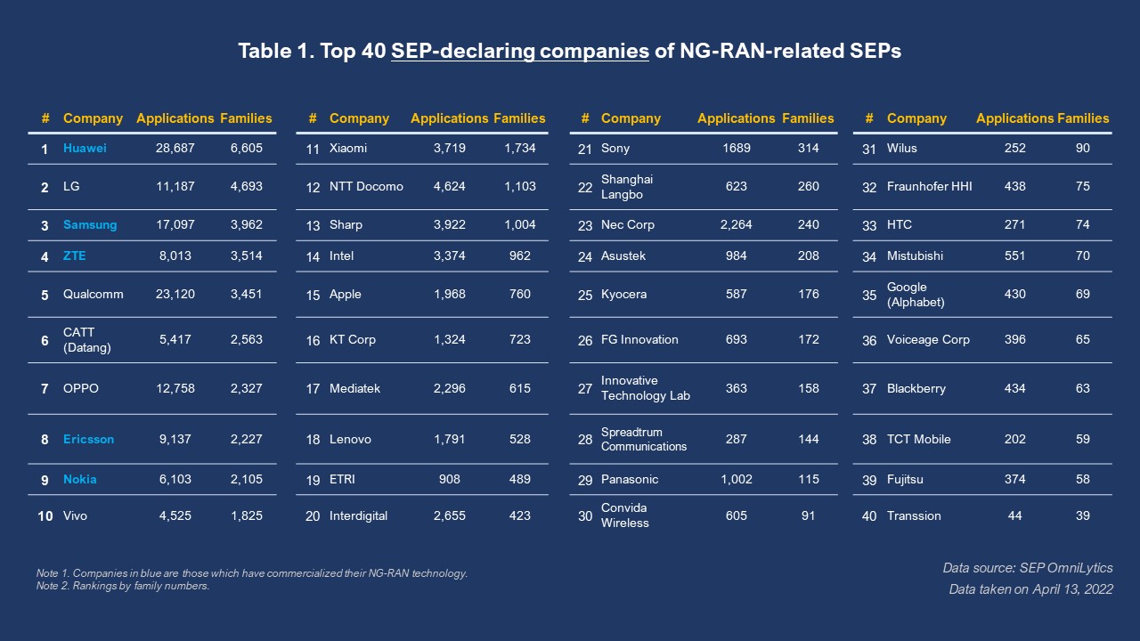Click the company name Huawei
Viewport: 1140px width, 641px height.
click(x=85, y=149)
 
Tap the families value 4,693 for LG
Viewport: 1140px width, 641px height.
click(x=246, y=187)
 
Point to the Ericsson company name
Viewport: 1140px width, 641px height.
click(x=88, y=439)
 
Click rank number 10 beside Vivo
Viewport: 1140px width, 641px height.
click(x=45, y=516)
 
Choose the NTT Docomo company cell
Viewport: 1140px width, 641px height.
click(x=366, y=187)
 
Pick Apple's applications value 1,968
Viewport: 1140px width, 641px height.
click(x=449, y=294)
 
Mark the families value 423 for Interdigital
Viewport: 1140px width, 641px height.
click(x=519, y=515)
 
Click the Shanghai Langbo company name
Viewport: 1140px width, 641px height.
click(x=627, y=187)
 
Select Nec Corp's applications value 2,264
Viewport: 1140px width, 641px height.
click(x=736, y=224)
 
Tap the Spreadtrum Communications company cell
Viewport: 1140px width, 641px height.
click(x=644, y=439)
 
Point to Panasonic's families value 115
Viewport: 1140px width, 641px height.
click(x=808, y=479)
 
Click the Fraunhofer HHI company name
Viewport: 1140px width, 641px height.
click(x=929, y=187)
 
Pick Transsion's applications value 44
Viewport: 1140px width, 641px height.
click(x=1014, y=515)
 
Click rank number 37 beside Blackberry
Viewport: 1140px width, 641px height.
click(x=869, y=389)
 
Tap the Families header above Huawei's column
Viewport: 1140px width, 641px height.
click(x=246, y=118)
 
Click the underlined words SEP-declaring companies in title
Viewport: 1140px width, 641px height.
click(x=519, y=51)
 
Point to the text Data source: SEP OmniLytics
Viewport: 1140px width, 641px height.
click(x=1028, y=568)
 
